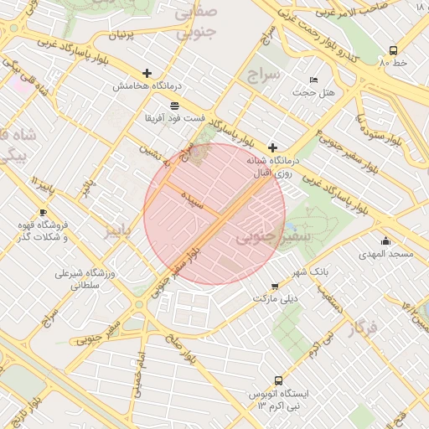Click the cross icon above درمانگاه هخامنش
point(147,74)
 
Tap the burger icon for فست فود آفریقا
point(173,106)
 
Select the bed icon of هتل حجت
point(314,80)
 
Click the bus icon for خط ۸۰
point(394,50)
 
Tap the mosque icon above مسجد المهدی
point(385,240)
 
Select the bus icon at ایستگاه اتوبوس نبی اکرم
point(279,380)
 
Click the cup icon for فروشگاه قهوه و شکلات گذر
point(44,213)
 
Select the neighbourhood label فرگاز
point(364,328)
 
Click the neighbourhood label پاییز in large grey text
point(117,231)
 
